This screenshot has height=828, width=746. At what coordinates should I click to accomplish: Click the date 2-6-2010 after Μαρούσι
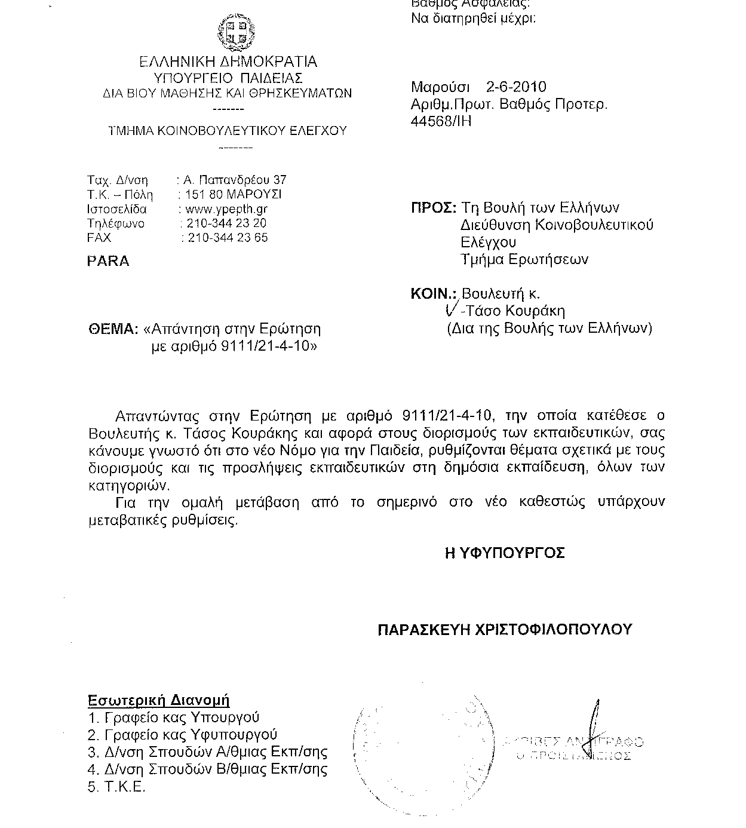point(516,87)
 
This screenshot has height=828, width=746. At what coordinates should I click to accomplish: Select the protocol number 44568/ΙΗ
point(441,121)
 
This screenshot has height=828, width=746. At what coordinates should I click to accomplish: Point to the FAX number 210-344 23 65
point(228,238)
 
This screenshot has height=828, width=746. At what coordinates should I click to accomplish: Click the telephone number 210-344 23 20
point(226,223)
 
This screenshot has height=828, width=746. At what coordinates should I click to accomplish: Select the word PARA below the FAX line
point(108,262)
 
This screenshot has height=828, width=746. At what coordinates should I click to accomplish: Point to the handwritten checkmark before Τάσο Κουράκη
point(452,308)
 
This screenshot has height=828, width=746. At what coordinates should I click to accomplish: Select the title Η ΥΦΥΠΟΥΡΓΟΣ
point(505,553)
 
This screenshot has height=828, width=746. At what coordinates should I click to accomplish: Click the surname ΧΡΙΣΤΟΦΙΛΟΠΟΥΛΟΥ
point(553,630)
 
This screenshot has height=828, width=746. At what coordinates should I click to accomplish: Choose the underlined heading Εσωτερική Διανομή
point(159,701)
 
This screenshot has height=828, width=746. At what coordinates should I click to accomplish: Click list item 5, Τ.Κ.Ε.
point(117,787)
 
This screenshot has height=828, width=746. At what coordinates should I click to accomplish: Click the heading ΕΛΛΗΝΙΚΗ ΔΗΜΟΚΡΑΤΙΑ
point(228,62)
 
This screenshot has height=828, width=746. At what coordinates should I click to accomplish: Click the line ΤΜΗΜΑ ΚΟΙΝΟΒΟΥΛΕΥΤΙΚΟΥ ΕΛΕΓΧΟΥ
point(227,131)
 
